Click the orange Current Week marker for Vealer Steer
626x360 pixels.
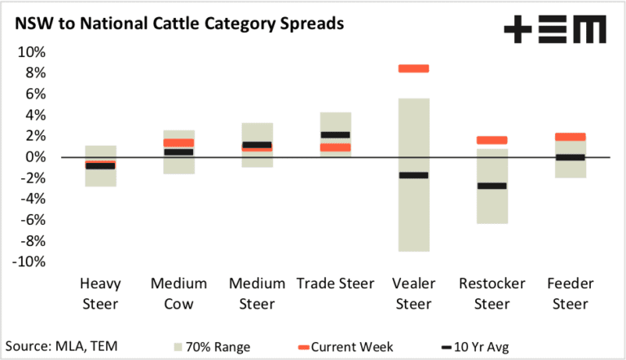(413, 68)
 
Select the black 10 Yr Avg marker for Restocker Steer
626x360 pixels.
(492, 186)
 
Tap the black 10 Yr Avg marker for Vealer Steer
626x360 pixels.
(413, 175)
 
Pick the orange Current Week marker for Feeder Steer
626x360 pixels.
(570, 137)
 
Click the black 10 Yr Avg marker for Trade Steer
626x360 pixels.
(335, 135)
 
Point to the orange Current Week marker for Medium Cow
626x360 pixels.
(179, 143)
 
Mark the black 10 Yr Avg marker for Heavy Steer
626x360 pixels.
(100, 166)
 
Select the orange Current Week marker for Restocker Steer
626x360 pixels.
(492, 140)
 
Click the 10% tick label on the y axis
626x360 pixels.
(32, 52)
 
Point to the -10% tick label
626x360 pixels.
(29, 261)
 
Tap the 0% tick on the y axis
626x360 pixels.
(36, 157)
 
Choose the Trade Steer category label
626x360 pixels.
(335, 283)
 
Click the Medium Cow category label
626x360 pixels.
(179, 294)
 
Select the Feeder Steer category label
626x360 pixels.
(570, 294)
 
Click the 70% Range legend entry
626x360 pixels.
(212, 347)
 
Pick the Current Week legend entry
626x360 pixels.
(346, 347)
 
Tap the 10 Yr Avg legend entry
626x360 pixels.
(475, 347)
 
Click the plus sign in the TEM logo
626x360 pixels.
(518, 29)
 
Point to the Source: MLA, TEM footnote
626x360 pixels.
(61, 346)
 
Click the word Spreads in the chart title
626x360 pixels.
(312, 24)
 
